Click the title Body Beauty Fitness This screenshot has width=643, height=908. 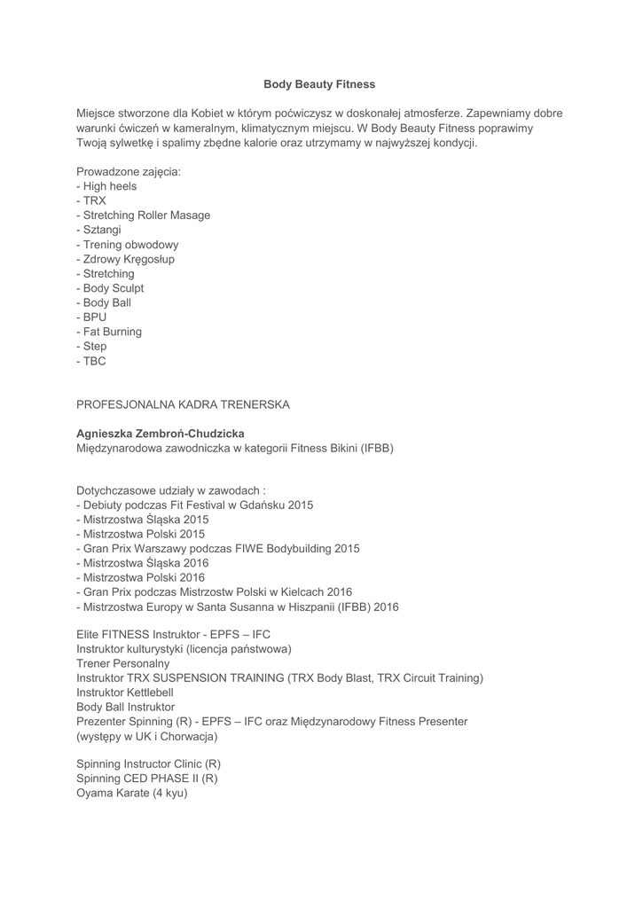[x=319, y=84]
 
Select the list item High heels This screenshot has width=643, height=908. [x=109, y=186]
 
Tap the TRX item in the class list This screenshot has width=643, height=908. [x=94, y=200]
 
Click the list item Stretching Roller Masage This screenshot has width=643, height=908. [x=146, y=215]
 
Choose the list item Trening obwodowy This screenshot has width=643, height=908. [x=130, y=245]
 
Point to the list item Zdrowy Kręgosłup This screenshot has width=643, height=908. [x=129, y=259]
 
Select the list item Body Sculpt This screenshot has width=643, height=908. [x=113, y=288]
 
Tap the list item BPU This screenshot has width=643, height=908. [x=94, y=317]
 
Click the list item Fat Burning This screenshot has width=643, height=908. [x=112, y=332]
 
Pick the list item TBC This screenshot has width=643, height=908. [x=94, y=361]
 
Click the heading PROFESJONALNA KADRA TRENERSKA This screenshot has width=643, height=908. [x=183, y=404]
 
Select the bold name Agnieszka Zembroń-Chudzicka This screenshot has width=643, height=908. [x=161, y=434]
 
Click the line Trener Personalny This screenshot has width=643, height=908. [x=122, y=663]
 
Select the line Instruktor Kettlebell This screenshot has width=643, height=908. [x=125, y=693]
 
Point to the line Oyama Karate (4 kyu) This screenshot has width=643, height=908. [x=132, y=793]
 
